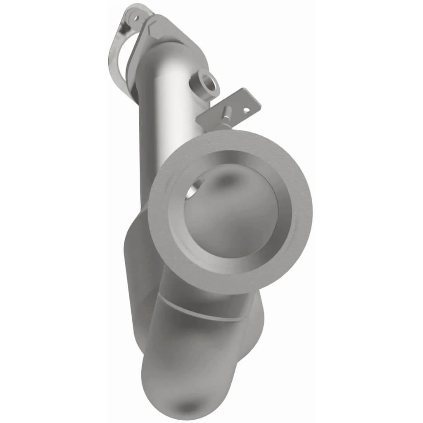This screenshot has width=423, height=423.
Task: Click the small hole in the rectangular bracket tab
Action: coord(246,110)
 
